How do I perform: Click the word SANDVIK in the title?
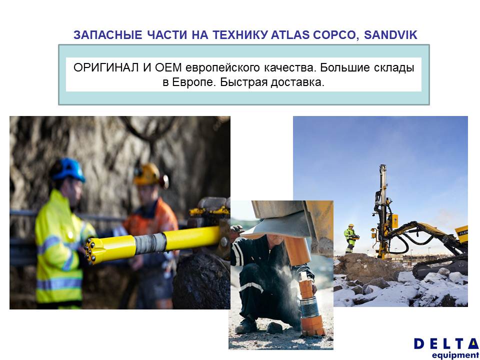390,35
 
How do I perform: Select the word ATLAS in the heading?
290,35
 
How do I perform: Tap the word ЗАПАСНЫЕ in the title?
108,35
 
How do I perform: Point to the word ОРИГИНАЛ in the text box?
106,67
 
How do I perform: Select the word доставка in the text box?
297,82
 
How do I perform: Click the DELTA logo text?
446,344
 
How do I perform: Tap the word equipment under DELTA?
455,355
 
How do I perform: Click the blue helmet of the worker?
68,169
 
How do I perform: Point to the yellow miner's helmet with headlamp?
149,175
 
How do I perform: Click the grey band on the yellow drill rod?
150,242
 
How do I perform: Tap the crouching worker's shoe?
246,327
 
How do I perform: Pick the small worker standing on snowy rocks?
350,238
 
